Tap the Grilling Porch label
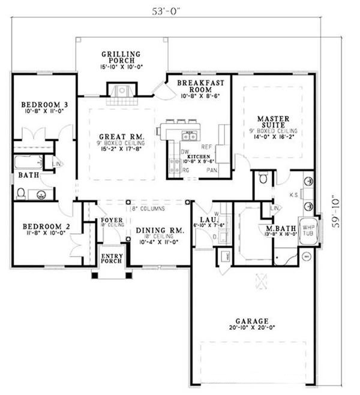(x=121, y=57)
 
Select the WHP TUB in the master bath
(x=308, y=231)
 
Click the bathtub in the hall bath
(x=28, y=161)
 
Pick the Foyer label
(x=112, y=220)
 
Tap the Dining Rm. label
(x=159, y=230)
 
